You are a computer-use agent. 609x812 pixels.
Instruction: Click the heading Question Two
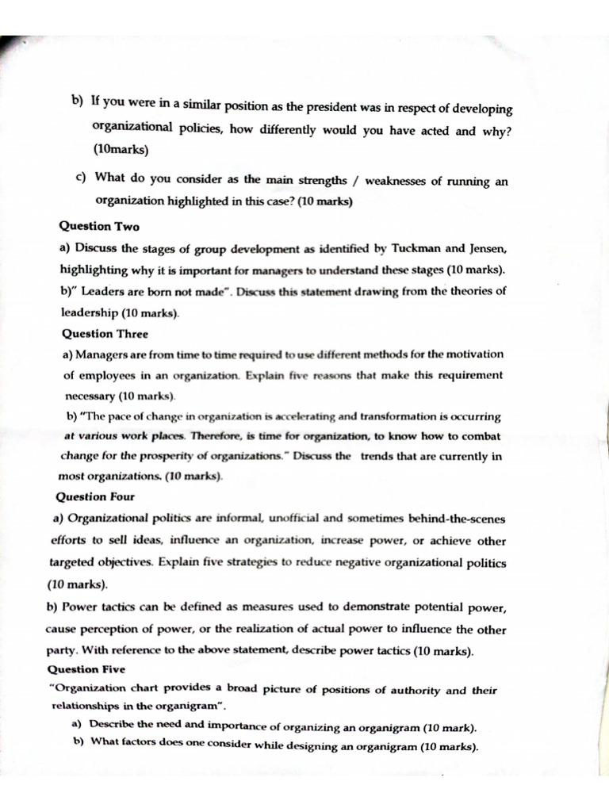99,227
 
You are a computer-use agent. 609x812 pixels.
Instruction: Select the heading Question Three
105,334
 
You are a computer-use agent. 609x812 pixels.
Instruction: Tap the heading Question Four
95,497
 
